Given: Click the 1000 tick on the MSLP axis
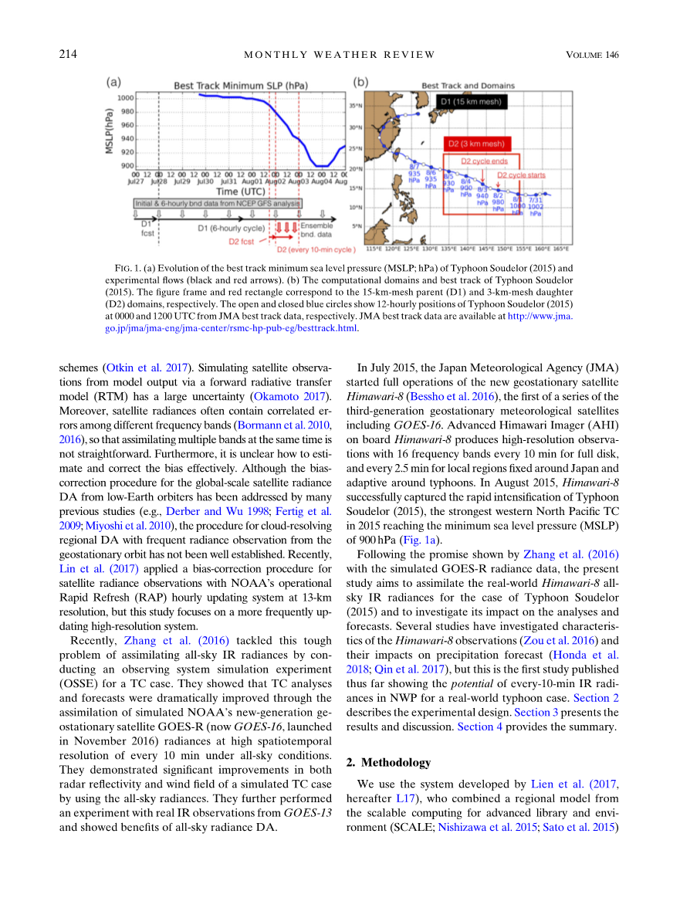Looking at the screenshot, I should [125, 98].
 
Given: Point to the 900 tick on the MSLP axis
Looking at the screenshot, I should [127, 165].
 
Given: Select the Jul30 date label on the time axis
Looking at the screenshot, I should [205, 181].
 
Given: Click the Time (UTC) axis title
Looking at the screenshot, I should [239, 191].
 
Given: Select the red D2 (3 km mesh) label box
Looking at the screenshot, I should [477, 144].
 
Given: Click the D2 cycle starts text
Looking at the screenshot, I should [521, 175].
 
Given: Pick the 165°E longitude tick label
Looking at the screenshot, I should [561, 249].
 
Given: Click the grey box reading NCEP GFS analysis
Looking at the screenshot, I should [217, 203].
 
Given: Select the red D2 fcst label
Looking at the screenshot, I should [243, 241].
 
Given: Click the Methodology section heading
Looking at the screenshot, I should [387, 762].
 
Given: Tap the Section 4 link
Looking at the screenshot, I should [479, 727].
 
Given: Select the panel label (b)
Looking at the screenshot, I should [360, 83].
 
